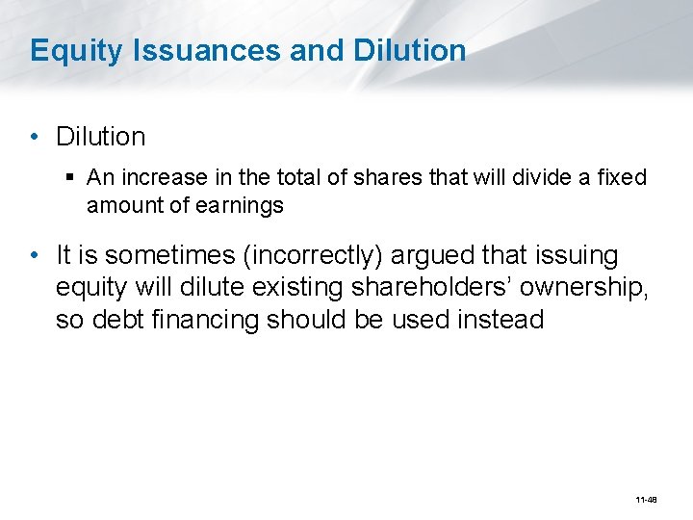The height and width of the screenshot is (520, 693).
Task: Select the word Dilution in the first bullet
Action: click(101, 137)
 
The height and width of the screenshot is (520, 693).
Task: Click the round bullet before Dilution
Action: click(35, 137)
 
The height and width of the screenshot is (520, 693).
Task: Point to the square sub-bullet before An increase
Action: click(73, 178)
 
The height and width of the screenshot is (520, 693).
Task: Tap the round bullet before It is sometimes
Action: click(35, 255)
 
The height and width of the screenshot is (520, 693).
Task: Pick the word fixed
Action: click(620, 178)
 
